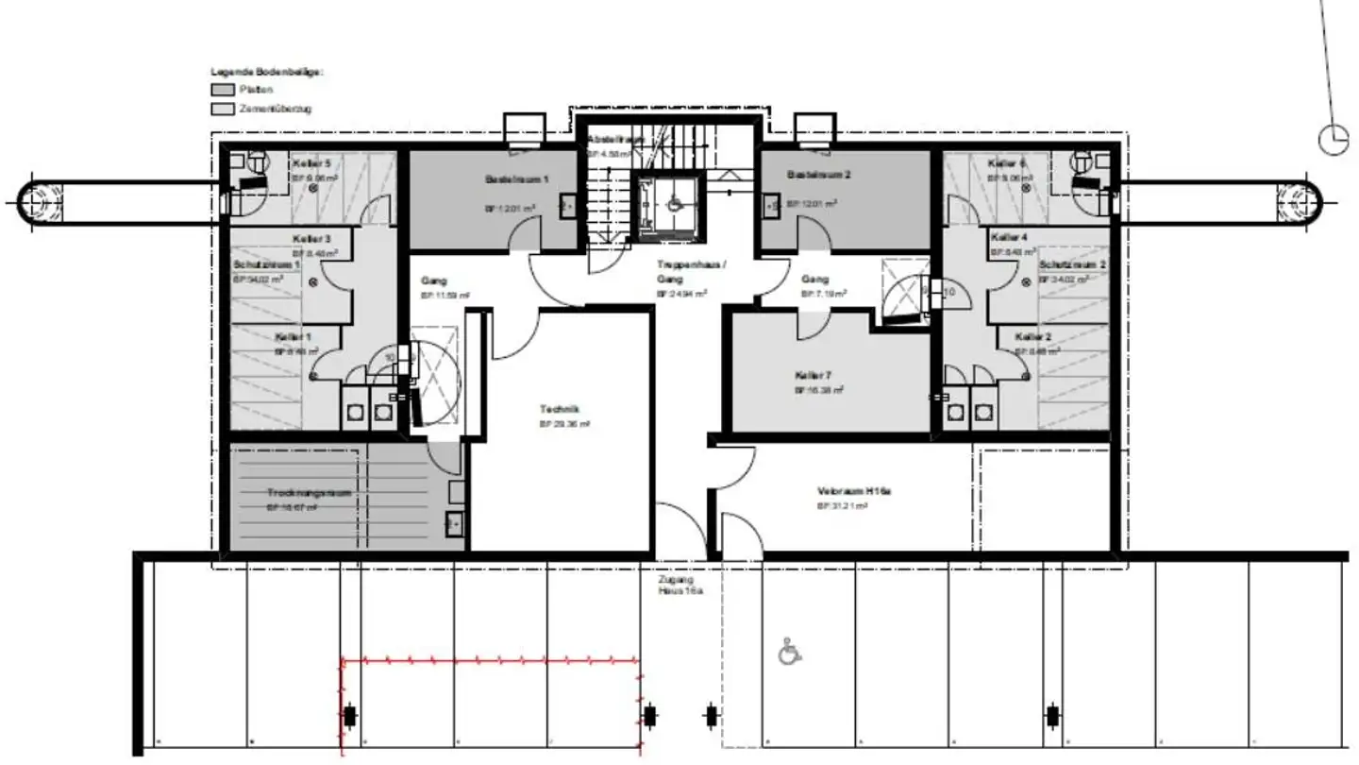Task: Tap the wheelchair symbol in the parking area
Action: tap(789, 652)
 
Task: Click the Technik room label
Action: tap(559, 409)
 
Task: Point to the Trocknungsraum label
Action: tap(295, 493)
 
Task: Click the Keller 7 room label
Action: tap(813, 375)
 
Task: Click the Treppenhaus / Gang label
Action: tap(691, 271)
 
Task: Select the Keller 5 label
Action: tap(311, 162)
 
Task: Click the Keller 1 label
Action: tap(293, 337)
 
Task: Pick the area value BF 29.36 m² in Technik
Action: tap(564, 424)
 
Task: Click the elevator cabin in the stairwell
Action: tap(669, 202)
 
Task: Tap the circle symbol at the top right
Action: tap(1334, 139)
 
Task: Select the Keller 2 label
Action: tap(1033, 337)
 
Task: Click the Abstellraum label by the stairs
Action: tap(616, 139)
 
